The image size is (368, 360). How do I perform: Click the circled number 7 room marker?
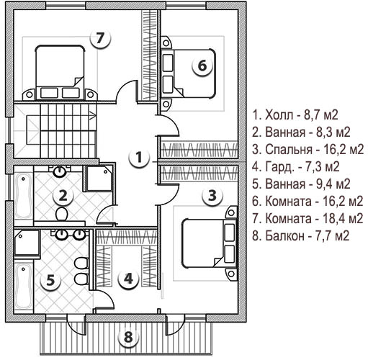pyautogui.click(x=101, y=39)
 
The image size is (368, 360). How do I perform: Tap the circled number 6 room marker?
pyautogui.click(x=202, y=66)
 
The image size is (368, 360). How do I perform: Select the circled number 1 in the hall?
pyautogui.click(x=139, y=158)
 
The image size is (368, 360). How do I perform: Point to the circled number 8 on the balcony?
pyautogui.click(x=128, y=337)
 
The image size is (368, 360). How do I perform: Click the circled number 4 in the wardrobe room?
pyautogui.click(x=128, y=279)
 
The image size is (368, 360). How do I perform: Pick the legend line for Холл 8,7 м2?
pyautogui.click(x=295, y=115)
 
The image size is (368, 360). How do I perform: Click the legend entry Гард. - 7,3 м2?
pyautogui.click(x=295, y=167)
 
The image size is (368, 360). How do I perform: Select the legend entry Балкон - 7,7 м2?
pyautogui.click(x=300, y=236)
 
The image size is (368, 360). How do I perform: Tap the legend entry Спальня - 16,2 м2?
pyautogui.click(x=308, y=150)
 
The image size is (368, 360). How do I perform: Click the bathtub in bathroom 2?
pyautogui.click(x=23, y=197)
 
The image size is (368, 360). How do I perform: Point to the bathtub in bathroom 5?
pyautogui.click(x=23, y=287)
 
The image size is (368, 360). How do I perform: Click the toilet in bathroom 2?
pyautogui.click(x=61, y=214)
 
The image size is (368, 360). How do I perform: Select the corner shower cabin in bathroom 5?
pyautogui.click(x=27, y=243)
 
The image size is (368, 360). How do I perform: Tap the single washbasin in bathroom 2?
pyautogui.click(x=59, y=171)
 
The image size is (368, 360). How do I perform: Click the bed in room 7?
pyautogui.click(x=60, y=72)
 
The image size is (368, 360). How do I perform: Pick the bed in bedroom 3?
pyautogui.click(x=208, y=243)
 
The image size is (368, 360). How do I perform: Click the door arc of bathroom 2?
pyautogui.click(x=106, y=214)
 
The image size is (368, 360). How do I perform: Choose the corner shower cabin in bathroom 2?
pyautogui.click(x=99, y=178)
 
